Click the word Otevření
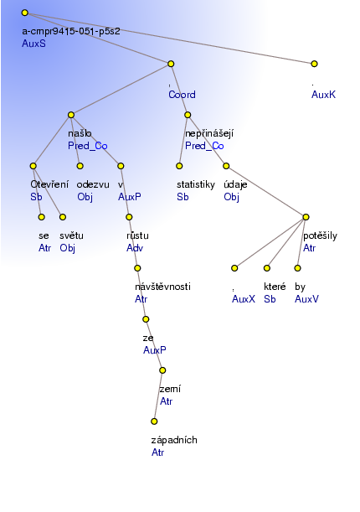[49, 184]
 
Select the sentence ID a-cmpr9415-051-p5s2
[71, 31]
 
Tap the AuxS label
[34, 44]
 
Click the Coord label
[182, 95]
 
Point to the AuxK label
[323, 95]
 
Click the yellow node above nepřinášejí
[188, 115]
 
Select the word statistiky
[196, 185]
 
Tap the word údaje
[235, 184]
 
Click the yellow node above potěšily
[306, 217]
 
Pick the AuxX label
[244, 299]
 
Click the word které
[275, 287]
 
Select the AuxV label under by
[306, 299]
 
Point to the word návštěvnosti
[162, 287]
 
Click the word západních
[174, 440]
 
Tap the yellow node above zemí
[162, 370]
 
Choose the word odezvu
[93, 185]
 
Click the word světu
[71, 235]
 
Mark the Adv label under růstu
[135, 248]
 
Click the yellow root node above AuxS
[25, 13]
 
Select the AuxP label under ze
[155, 350]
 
